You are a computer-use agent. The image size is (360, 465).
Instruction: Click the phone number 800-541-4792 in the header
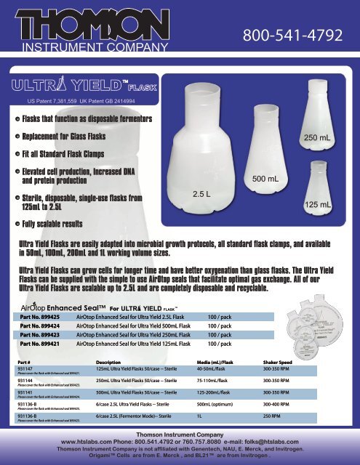click(x=295, y=35)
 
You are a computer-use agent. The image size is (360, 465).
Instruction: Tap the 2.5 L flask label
click(x=201, y=195)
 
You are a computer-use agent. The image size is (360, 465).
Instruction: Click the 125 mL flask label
click(x=316, y=206)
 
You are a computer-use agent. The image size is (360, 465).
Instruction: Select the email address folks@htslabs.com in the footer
click(x=271, y=441)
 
